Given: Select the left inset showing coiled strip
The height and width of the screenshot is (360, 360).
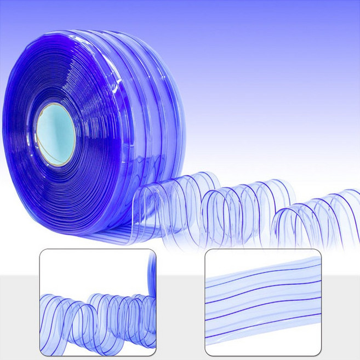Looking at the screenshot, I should point(98,303).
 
